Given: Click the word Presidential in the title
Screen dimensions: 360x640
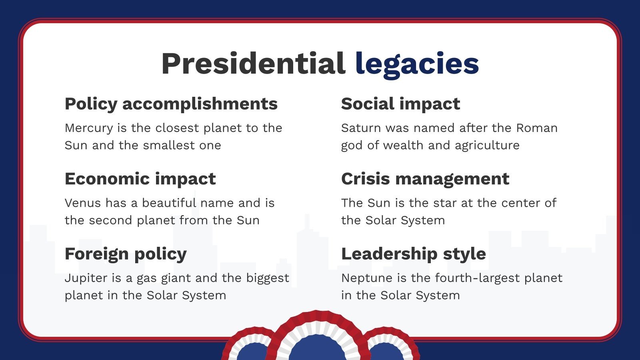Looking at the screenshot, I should coord(253,64).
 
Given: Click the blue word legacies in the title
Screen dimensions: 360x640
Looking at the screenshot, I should coord(417,64).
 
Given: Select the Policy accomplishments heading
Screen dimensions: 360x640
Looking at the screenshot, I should coord(171,104).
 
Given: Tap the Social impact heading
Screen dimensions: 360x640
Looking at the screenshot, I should coord(400,104).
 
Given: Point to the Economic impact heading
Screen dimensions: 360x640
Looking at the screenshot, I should coord(140,179).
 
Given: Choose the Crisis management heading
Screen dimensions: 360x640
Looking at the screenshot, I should coord(425,179).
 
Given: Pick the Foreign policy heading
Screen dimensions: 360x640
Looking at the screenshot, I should coord(126,254).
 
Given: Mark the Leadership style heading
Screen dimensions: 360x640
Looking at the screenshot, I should coord(413,254).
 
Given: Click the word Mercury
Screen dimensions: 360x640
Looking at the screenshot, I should coord(89,128).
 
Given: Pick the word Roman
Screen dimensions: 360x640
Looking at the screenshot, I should coord(537,128).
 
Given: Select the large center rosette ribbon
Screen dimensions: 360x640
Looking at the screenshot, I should coord(317,340).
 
